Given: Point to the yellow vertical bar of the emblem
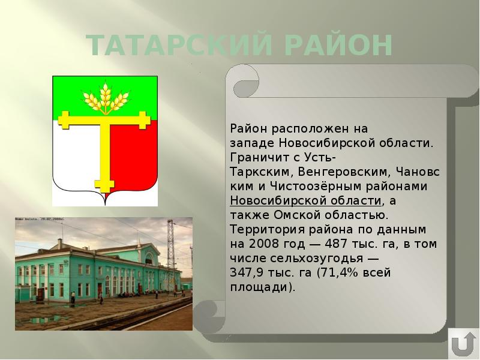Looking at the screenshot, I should (106, 156).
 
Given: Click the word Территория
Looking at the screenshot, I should (259, 230).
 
